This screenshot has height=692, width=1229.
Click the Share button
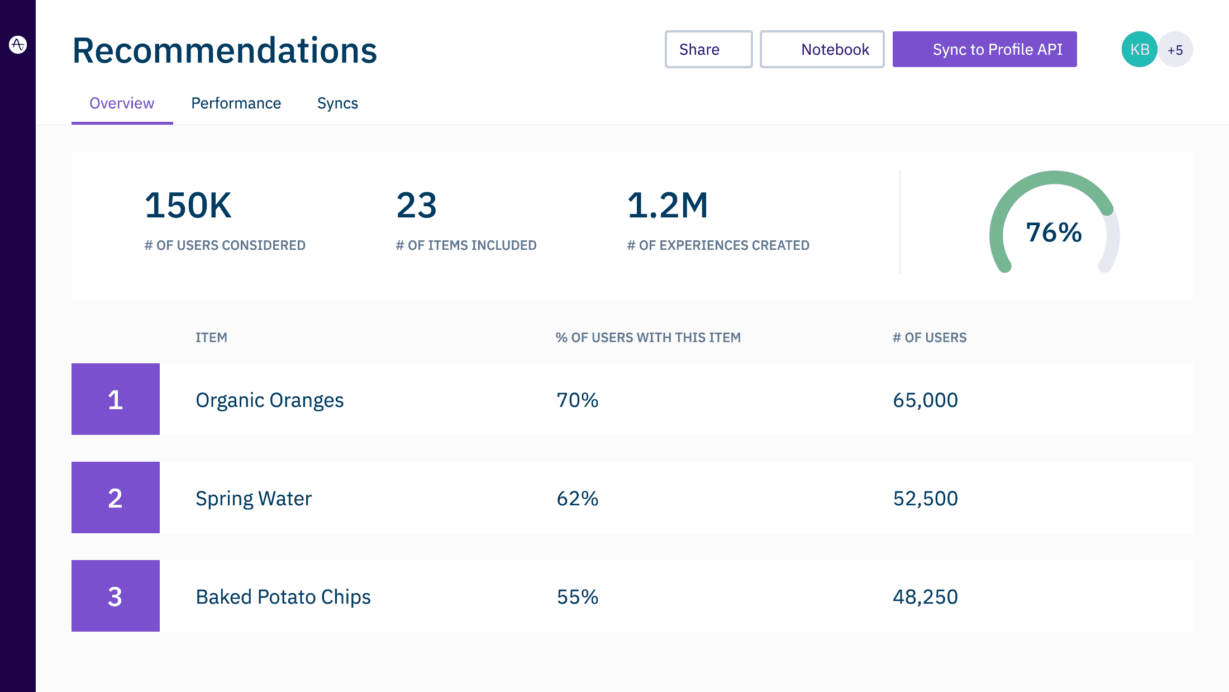point(708,49)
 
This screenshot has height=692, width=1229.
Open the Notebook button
point(822,49)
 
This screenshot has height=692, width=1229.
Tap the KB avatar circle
point(1139,49)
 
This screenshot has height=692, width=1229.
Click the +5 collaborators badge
point(1175,50)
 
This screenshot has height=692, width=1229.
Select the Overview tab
point(122,103)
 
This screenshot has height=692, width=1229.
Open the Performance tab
point(236,103)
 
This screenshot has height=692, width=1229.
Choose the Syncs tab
point(337,103)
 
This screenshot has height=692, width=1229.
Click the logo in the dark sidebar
point(18,44)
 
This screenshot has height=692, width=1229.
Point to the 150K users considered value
point(188,205)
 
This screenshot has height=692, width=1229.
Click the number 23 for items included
point(416,205)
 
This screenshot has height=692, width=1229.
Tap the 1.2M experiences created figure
point(668,205)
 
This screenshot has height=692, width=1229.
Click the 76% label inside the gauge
point(1054,233)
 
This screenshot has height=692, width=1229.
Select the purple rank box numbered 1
point(116,399)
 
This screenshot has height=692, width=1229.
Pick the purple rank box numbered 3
point(116,596)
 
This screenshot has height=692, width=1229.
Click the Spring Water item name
point(254,498)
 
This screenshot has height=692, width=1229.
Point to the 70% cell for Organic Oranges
point(577,400)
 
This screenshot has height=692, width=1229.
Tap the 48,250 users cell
point(925,597)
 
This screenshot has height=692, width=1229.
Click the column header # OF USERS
point(930,338)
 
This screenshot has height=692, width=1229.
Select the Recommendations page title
point(225,50)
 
